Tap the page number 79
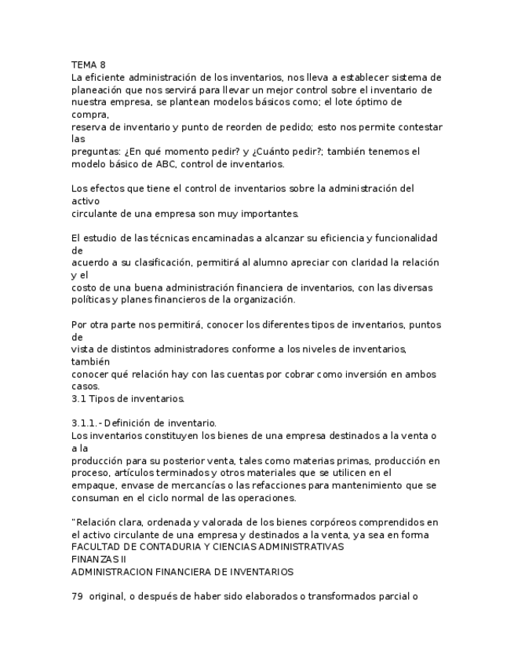coord(77,596)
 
